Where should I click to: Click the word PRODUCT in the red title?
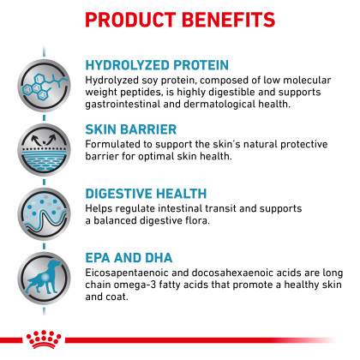tap(130, 20)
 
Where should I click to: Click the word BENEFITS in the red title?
tap(228, 20)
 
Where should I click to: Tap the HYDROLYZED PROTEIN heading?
tap(157, 65)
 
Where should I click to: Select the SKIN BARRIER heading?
tap(131, 129)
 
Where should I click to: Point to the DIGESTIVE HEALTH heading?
tap(146, 194)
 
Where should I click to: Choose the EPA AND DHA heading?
tap(129, 258)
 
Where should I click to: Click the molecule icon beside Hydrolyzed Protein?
tap(45, 86)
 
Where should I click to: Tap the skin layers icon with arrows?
tap(45, 150)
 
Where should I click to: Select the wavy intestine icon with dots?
tap(45, 214)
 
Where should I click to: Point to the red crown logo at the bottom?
tap(44, 339)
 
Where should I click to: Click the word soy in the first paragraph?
tap(150, 81)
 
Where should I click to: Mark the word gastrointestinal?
tap(123, 105)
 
